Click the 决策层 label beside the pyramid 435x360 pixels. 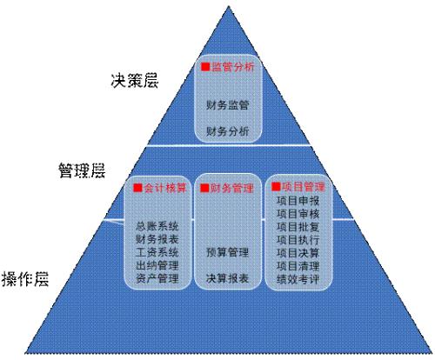tap(135, 80)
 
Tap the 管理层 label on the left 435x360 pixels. tap(82, 170)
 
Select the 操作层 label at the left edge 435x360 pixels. tap(25, 279)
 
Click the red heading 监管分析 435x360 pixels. tap(232, 67)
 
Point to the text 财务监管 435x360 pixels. tap(228, 105)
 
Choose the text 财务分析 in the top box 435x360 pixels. tap(228, 131)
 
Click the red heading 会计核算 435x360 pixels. tap(164, 188)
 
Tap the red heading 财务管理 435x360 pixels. tap(231, 188)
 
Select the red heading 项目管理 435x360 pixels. tap(303, 187)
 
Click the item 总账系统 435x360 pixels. tap(157, 226)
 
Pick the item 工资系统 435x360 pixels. tap(157, 252)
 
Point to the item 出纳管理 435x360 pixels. tap(157, 265)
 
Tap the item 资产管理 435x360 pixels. tap(157, 278)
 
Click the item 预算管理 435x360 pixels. tap(228, 252)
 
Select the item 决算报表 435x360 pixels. tap(228, 278)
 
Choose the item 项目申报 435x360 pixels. tap(298, 201)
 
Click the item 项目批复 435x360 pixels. tap(298, 227)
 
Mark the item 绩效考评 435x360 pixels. tap(298, 279)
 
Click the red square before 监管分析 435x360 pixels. tap(205, 67)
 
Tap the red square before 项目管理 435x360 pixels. tap(276, 186)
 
